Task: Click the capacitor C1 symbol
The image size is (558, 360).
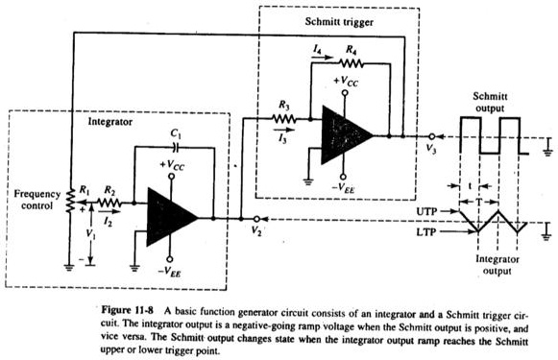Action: coord(173,149)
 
